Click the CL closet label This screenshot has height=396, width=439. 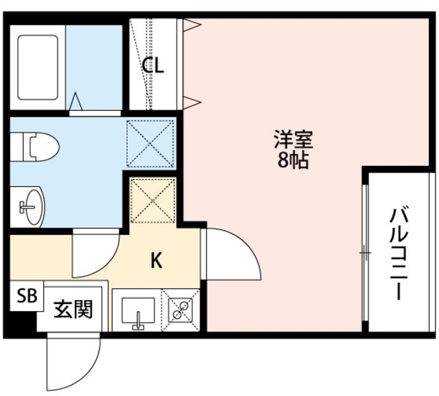(153, 66)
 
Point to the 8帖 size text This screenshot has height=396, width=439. (294, 162)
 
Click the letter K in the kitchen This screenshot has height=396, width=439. (156, 260)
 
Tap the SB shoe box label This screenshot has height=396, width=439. (26, 296)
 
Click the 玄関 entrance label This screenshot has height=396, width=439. (73, 310)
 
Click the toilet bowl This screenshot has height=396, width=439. (38, 146)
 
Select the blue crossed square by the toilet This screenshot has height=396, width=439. (150, 142)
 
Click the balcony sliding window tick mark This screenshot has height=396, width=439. (364, 254)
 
